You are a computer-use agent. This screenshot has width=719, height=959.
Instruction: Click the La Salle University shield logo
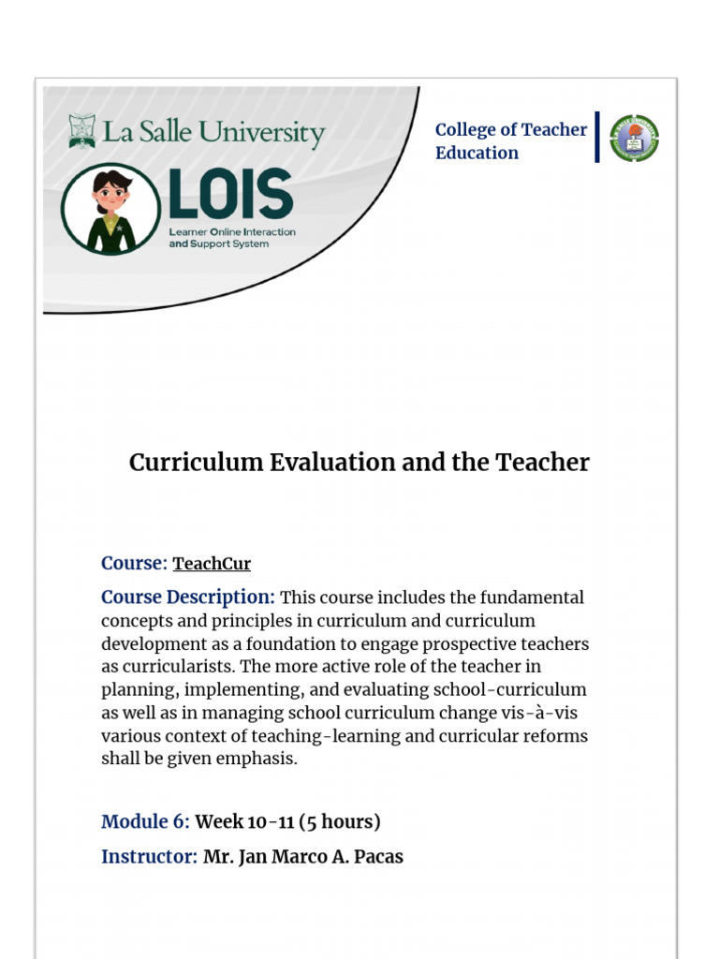point(82,131)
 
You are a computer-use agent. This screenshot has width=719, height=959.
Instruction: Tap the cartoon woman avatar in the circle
point(111,209)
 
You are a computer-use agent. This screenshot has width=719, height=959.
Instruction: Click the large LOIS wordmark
point(230,194)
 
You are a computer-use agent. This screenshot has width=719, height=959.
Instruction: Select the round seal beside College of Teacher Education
point(635,139)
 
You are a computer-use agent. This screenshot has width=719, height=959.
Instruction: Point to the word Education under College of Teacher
point(477,153)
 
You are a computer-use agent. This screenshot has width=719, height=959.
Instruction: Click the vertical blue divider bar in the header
point(597,138)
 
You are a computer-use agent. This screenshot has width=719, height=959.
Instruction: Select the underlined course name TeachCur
point(212,564)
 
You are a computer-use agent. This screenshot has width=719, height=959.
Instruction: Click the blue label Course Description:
point(188,598)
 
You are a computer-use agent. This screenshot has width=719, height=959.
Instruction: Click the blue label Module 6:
point(145,822)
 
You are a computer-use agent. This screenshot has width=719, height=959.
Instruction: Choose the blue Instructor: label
point(149,857)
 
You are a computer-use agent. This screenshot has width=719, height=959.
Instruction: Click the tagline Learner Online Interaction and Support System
point(231,238)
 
